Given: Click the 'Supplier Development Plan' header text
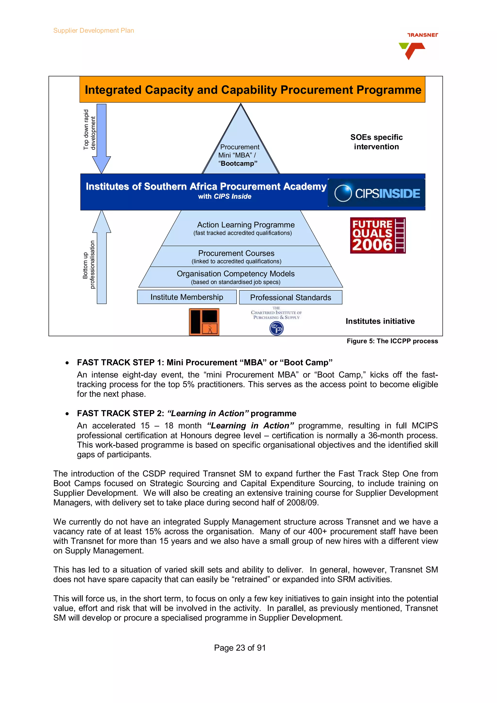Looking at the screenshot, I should (93, 31).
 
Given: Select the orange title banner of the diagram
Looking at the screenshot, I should (252, 90).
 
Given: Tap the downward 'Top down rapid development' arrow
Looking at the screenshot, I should (101, 138).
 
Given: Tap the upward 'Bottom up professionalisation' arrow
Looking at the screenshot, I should (102, 257).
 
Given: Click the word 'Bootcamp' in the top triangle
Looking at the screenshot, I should (239, 163).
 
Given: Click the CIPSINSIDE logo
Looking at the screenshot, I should (377, 193).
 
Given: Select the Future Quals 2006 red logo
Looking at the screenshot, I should (378, 235).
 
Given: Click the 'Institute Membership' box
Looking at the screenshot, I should (187, 297).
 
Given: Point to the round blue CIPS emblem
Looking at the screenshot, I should (276, 328).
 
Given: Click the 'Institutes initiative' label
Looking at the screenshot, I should (380, 321).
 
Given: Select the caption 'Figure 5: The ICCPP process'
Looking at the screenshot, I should (392, 341).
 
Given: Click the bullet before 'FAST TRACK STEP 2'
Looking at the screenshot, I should (67, 414).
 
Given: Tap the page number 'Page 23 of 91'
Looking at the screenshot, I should (240, 648).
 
